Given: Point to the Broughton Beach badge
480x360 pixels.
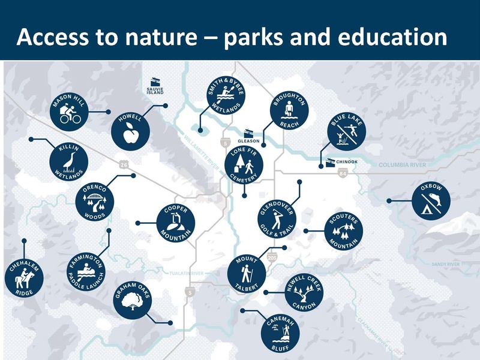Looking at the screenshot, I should (x=289, y=111).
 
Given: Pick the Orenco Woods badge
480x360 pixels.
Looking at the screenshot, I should (x=94, y=201).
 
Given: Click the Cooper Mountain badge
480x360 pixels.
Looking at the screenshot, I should (x=176, y=224).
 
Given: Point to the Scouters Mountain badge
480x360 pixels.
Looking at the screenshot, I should (x=344, y=231).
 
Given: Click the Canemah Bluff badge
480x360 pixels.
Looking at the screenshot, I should (x=283, y=334).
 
